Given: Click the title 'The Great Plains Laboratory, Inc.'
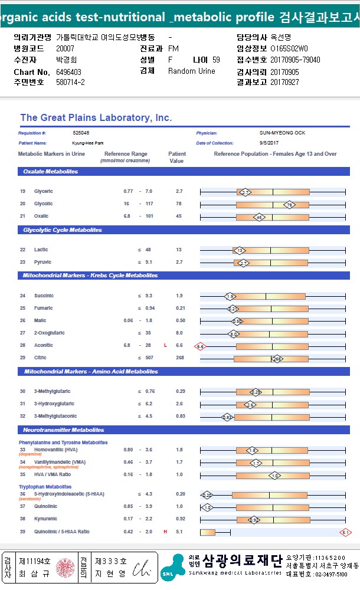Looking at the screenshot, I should click(x=96, y=118).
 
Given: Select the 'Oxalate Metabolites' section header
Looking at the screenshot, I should click(x=50, y=172).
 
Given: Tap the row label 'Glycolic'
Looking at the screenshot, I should click(x=43, y=204).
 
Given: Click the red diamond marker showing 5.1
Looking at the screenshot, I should click(x=345, y=533).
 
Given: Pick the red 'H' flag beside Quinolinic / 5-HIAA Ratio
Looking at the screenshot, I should click(x=165, y=532).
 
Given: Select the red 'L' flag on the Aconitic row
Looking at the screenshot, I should click(x=165, y=346).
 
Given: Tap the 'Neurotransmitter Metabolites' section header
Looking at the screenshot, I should click(x=64, y=430).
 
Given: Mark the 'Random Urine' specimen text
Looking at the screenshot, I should click(x=192, y=71).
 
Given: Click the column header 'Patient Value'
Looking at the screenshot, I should click(x=176, y=158).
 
